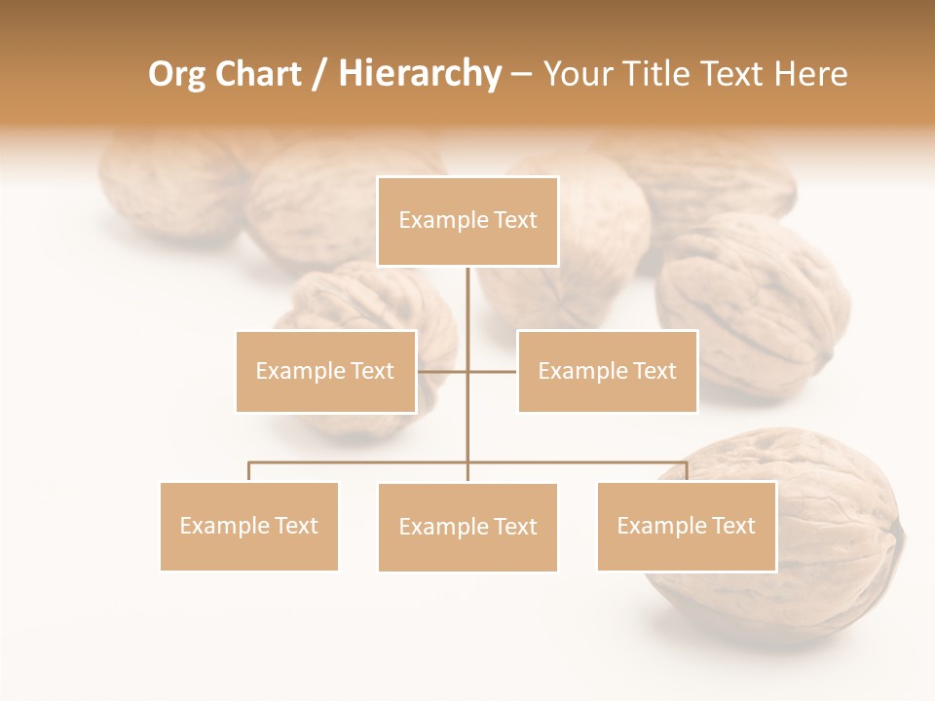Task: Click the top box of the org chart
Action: click(467, 221)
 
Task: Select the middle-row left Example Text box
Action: click(325, 371)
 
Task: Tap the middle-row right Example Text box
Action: click(607, 371)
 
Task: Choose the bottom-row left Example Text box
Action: click(249, 526)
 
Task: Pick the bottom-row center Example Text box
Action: click(467, 527)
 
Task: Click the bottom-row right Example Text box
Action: click(687, 526)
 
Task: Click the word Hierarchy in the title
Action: click(420, 74)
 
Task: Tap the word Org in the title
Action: click(177, 74)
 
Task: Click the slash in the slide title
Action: click(318, 74)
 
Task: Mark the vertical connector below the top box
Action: click(467, 312)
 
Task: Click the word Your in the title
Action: click(578, 74)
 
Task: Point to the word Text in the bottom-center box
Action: click(515, 527)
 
